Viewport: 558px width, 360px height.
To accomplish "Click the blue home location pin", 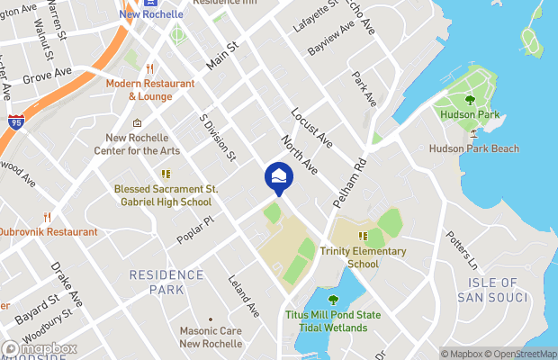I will click(x=278, y=176).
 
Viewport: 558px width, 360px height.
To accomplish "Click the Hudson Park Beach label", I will click(x=472, y=148).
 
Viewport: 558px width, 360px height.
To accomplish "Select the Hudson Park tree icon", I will click(x=470, y=101).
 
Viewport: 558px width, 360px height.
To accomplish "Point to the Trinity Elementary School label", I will click(x=363, y=257).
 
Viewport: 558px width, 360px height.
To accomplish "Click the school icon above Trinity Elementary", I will click(x=364, y=236).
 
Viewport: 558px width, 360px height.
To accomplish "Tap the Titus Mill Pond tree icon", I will click(x=333, y=300).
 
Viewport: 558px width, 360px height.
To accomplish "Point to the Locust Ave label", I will click(x=311, y=130).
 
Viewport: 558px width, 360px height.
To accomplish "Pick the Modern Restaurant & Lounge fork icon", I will click(x=150, y=68).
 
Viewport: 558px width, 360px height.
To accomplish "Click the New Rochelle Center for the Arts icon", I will click(x=137, y=123).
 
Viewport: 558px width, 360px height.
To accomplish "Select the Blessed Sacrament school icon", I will click(x=165, y=175).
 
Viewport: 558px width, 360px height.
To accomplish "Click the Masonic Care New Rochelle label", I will click(x=211, y=337).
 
